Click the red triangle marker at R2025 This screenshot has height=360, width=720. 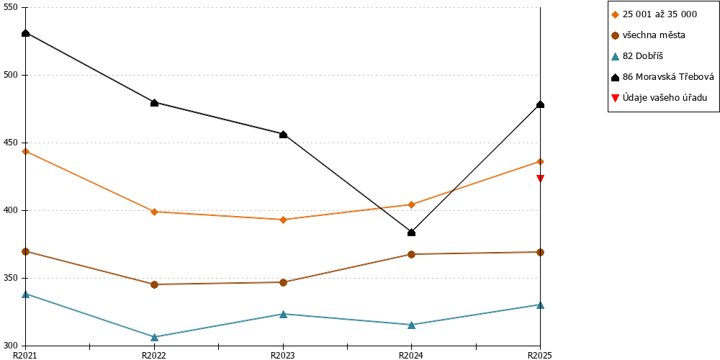541,178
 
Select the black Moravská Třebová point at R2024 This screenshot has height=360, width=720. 411,233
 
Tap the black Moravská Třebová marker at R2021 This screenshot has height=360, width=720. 26,33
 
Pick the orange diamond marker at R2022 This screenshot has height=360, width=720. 154,212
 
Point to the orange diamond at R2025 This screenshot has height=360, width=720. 541,161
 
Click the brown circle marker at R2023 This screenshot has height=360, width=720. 283,282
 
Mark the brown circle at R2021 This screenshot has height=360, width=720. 26,251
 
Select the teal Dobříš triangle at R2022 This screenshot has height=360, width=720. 154,337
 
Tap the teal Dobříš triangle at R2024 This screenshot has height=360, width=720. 411,325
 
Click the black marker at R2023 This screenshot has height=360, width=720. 283,135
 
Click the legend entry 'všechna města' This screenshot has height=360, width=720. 649,35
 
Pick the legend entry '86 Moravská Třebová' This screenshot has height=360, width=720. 662,77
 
